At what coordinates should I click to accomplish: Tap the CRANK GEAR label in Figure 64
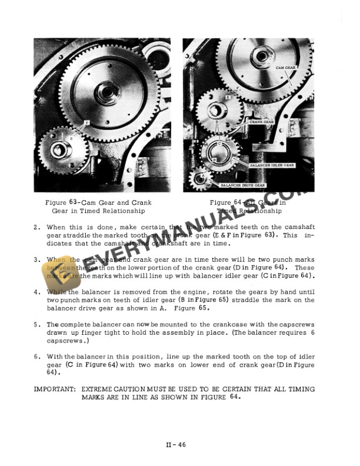click(262, 122)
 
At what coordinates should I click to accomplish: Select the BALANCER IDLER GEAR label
click(272, 165)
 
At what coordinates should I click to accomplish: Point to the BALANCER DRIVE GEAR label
click(243, 185)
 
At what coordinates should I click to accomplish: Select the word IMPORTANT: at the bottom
click(53, 390)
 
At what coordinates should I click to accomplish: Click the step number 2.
click(36, 227)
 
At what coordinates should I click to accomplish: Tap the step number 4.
click(36, 291)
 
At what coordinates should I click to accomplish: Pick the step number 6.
click(36, 356)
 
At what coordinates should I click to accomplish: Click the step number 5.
click(36, 324)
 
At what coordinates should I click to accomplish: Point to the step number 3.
click(36, 259)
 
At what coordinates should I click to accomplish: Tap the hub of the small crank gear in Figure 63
click(62, 150)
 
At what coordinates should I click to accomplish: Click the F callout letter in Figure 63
click(86, 122)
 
